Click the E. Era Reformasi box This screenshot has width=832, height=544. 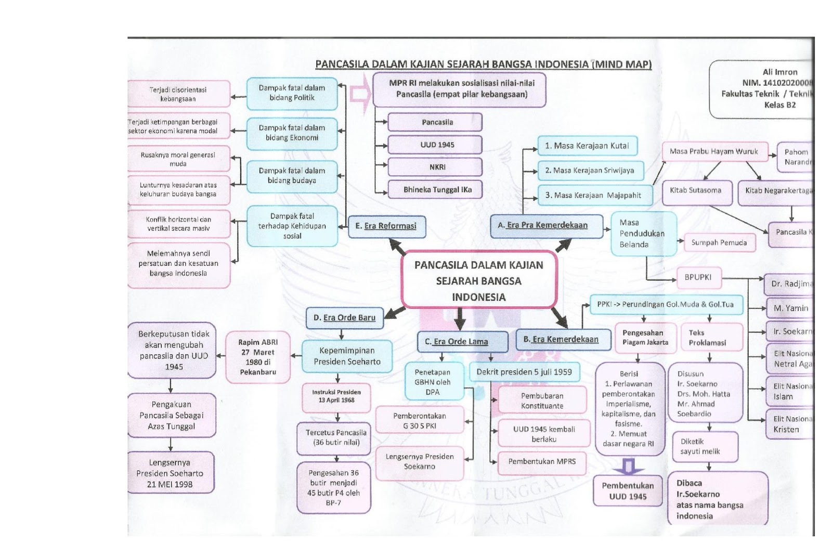pos(386,226)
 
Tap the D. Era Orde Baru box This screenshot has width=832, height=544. pos(344,317)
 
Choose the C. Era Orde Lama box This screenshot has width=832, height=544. pos(462,341)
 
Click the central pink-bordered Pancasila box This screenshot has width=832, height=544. pos(478,281)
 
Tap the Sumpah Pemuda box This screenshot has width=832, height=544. pos(719,243)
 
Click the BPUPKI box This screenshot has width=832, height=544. pos(697,278)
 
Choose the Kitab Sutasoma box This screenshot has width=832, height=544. pos(695,190)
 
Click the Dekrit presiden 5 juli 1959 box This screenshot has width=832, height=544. pos(524,372)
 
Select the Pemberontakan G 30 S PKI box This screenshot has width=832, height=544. pos(419,421)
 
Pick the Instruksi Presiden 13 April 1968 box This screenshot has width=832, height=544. pos(336,396)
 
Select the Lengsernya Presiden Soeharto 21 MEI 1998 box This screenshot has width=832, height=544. pos(170,473)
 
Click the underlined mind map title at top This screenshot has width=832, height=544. pos(483,64)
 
